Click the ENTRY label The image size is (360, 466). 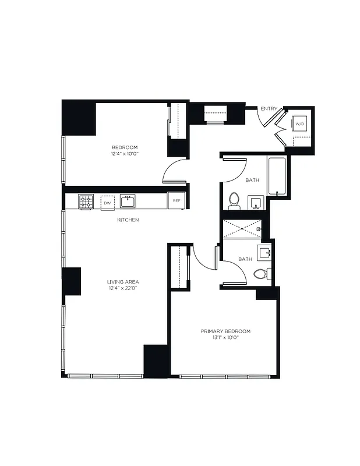[x=269, y=108]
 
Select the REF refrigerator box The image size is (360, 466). [x=176, y=201]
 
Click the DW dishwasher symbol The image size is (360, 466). [x=107, y=202]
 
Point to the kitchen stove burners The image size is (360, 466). [x=86, y=202]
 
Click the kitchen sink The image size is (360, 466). [x=128, y=202]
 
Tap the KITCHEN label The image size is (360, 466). [x=128, y=220]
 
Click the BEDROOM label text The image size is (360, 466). [x=125, y=147]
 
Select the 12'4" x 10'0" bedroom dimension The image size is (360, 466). [x=125, y=154]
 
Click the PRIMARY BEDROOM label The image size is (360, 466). [x=225, y=331]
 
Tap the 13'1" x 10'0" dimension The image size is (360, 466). [x=225, y=338]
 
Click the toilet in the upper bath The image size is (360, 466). [x=234, y=200]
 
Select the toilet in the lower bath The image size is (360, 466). [x=260, y=273]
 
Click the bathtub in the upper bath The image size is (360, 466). [x=277, y=176]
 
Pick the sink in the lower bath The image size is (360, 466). [x=266, y=252]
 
